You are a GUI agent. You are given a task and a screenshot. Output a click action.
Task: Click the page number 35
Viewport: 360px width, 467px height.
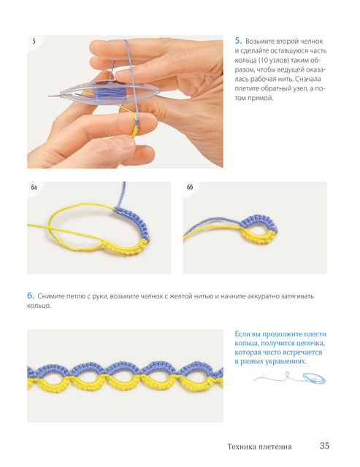(324, 446)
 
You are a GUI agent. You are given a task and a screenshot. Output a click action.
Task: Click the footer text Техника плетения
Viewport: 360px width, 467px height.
(259, 447)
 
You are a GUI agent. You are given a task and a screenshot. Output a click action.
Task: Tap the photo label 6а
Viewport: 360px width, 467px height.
(34, 188)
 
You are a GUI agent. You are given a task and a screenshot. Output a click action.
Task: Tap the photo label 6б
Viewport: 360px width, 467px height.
(190, 187)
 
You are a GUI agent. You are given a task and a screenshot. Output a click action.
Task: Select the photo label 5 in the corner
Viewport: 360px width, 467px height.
(34, 41)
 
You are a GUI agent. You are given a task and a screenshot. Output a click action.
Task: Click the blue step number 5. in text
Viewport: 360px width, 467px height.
(238, 41)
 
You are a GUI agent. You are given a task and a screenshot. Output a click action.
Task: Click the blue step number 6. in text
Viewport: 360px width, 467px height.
(31, 296)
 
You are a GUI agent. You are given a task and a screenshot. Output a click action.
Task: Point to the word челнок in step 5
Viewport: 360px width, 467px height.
(311, 41)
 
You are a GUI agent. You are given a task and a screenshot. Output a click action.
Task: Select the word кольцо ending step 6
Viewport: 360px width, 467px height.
(39, 306)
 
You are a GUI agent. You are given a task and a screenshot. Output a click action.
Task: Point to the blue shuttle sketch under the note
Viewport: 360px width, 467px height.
(314, 378)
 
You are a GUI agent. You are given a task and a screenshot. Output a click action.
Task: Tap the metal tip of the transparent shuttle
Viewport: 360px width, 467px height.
(54, 96)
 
